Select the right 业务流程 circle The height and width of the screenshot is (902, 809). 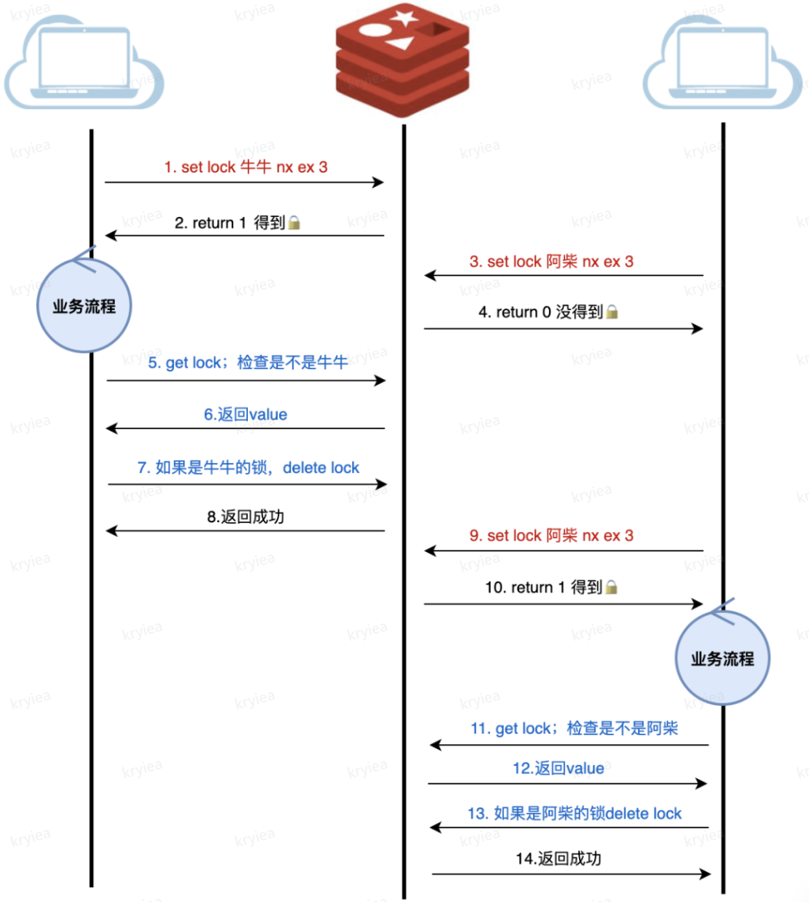pyautogui.click(x=722, y=658)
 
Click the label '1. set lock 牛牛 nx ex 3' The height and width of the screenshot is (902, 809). pyautogui.click(x=245, y=168)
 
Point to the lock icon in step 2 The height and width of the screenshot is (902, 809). pyautogui.click(x=294, y=223)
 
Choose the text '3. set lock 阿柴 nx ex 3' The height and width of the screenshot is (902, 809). pyautogui.click(x=551, y=262)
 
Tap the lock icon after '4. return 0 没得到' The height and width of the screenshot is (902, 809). pyautogui.click(x=612, y=312)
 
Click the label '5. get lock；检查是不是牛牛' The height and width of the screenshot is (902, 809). pyautogui.click(x=248, y=363)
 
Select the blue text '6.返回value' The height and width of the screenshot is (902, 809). pyautogui.click(x=245, y=415)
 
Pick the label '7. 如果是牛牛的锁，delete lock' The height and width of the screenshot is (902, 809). pyautogui.click(x=248, y=467)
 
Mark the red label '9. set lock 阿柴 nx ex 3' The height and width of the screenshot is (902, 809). pyautogui.click(x=551, y=535)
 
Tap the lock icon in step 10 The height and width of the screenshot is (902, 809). pyautogui.click(x=611, y=588)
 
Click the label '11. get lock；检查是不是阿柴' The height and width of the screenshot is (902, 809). pyautogui.click(x=573, y=729)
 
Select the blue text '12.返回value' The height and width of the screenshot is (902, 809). pyautogui.click(x=559, y=768)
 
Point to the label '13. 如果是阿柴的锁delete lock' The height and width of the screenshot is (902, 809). pyautogui.click(x=575, y=813)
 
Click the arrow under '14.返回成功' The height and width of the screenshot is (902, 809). pyautogui.click(x=570, y=874)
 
